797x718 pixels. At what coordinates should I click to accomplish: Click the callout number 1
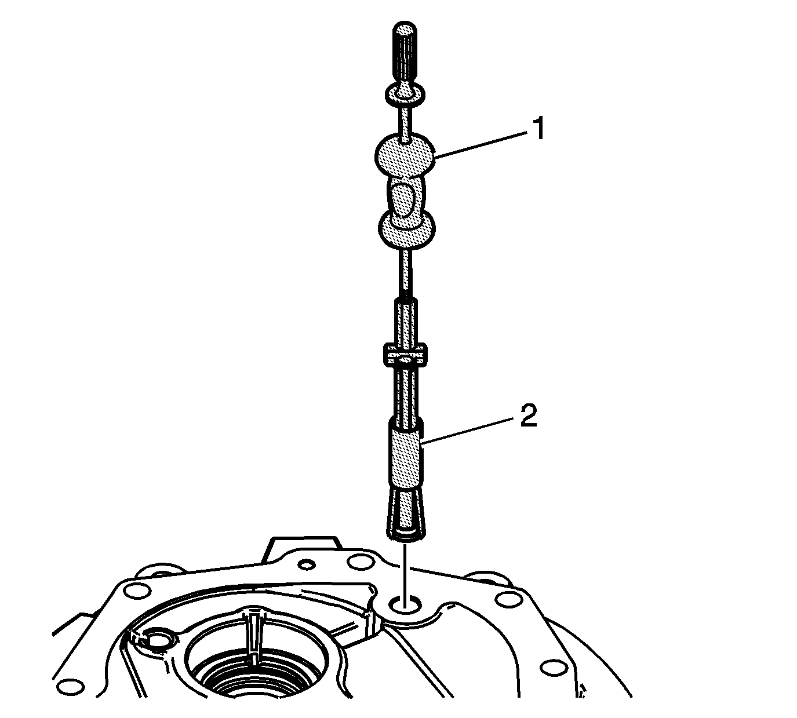(x=538, y=128)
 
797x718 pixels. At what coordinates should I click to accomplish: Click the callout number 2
(x=529, y=416)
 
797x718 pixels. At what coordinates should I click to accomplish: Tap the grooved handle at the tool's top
(x=405, y=55)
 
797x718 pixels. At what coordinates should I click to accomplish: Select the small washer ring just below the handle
(x=405, y=94)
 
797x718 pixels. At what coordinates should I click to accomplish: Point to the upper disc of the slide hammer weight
(x=405, y=156)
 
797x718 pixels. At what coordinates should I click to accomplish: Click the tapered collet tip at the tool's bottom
(x=406, y=515)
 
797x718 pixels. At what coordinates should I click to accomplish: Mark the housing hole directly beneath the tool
(x=405, y=605)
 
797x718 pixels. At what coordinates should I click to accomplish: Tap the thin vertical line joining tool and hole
(x=405, y=575)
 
